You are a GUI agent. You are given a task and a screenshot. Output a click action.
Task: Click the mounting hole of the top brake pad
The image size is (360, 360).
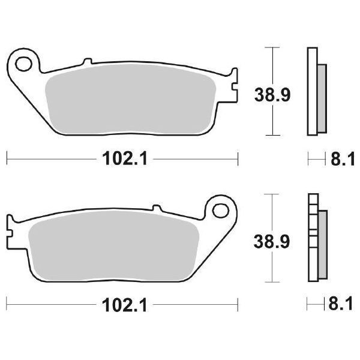[25, 62]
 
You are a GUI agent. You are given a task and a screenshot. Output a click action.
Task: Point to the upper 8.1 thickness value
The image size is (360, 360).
[341, 159]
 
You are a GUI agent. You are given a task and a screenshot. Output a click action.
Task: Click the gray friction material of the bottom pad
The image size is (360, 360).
[114, 246]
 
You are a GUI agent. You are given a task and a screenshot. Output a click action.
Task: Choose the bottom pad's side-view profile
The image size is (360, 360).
[312, 238]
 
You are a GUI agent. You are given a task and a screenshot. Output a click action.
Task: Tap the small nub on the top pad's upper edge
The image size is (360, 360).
[88, 62]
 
